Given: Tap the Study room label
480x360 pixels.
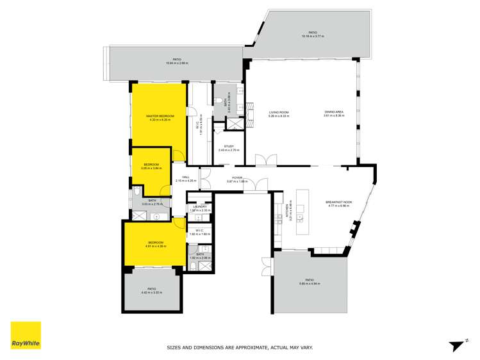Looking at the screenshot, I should point(228,146).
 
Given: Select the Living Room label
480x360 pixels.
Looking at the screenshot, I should point(278,113).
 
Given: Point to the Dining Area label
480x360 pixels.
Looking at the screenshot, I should point(334,113).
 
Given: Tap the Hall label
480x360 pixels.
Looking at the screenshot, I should point(186,177).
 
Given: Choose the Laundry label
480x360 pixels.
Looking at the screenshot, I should point(200,206).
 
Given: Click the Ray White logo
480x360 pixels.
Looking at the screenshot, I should point(26,335).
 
